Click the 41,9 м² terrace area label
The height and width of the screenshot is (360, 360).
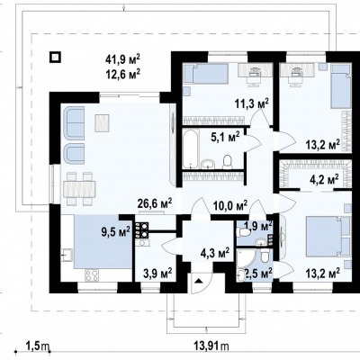(122, 59)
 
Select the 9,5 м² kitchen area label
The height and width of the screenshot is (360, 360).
(115, 231)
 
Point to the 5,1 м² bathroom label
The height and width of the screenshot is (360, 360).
(225, 138)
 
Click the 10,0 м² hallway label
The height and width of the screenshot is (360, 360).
(230, 205)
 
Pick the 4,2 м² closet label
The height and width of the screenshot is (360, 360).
(324, 180)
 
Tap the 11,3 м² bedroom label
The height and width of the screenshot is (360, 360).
(251, 104)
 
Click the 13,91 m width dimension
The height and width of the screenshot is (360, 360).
(211, 346)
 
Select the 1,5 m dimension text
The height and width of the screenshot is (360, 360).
(38, 346)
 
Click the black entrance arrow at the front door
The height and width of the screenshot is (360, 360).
(198, 281)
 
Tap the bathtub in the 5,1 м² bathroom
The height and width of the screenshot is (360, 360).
(190, 148)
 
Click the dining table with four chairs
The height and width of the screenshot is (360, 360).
(79, 188)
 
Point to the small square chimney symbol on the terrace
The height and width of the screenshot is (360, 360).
(55, 57)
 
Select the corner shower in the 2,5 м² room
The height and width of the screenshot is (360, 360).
(246, 258)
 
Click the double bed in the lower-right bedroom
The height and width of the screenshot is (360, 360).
(325, 237)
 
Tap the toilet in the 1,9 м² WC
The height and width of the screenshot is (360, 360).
(244, 232)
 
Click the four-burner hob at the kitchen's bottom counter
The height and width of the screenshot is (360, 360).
(93, 275)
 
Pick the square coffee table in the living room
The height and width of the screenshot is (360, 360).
(102, 122)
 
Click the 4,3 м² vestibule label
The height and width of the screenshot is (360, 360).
(215, 253)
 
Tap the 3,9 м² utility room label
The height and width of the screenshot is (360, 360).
(157, 273)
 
